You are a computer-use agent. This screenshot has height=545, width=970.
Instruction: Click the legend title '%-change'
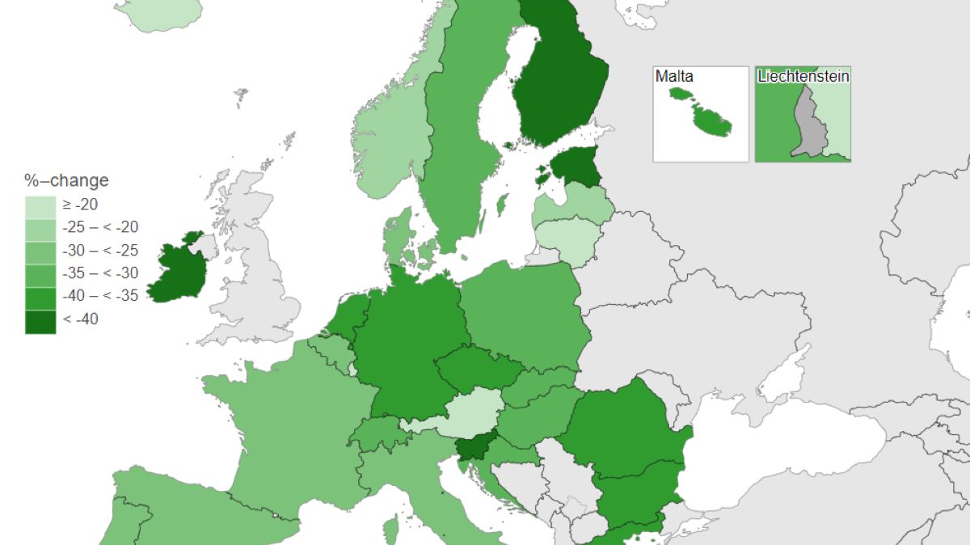(x=66, y=180)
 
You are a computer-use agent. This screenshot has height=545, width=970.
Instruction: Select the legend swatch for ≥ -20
(x=40, y=205)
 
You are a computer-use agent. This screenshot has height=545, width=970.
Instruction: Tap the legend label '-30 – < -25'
(x=100, y=251)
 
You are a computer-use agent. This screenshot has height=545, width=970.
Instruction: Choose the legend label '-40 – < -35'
(x=100, y=296)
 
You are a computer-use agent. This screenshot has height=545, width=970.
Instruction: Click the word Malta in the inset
(x=674, y=77)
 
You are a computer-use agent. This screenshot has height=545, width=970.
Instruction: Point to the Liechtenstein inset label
(x=803, y=77)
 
